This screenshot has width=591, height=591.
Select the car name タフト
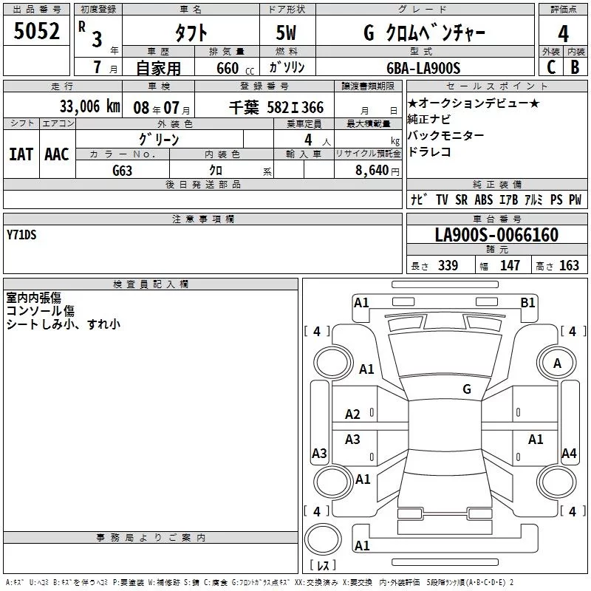tap(190, 33)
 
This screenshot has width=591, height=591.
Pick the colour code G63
tap(122, 170)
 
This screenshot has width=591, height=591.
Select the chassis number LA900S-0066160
tap(496, 236)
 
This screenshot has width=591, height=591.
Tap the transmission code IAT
tap(21, 154)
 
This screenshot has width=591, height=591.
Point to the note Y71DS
tap(21, 235)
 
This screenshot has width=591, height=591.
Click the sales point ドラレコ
tap(429, 152)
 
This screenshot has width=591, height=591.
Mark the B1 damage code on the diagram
tap(527, 301)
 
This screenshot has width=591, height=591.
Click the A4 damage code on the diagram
tap(569, 454)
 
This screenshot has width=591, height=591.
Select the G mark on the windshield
tap(467, 389)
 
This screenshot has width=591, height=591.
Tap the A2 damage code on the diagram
tap(353, 414)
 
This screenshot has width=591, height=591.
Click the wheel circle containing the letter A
tap(557, 363)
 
